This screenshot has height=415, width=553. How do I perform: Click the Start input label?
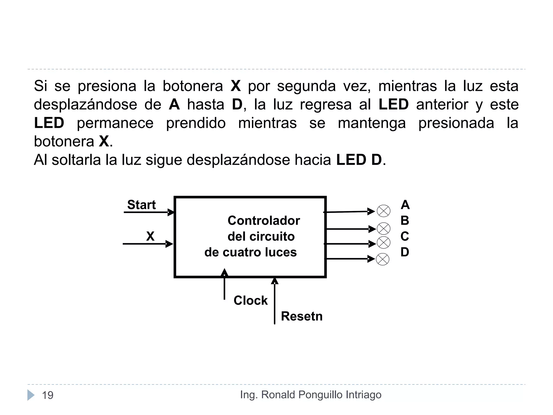pyautogui.click(x=141, y=205)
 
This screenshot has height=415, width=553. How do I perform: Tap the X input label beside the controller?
pyautogui.click(x=150, y=236)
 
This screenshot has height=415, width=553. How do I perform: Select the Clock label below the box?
pyautogui.click(x=250, y=300)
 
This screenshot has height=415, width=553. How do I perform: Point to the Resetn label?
pyautogui.click(x=302, y=316)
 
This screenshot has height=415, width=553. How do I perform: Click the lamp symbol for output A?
pyautogui.click(x=383, y=211)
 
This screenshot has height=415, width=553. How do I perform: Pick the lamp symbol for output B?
pyautogui.click(x=383, y=229)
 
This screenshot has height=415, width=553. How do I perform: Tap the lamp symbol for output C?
pyautogui.click(x=383, y=243)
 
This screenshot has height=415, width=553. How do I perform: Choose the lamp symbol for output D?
pyautogui.click(x=383, y=259)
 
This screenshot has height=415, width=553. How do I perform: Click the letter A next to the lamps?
pyautogui.click(x=405, y=205)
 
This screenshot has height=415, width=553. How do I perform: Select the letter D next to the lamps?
pyautogui.click(x=405, y=252)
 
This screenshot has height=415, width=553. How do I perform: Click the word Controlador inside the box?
pyautogui.click(x=264, y=220)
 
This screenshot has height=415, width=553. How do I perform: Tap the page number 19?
pyautogui.click(x=48, y=395)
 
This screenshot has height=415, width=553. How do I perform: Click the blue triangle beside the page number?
pyautogui.click(x=31, y=395)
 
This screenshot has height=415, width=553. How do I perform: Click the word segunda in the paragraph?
pyautogui.click(x=306, y=86)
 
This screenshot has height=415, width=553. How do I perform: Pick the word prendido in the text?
pyautogui.click(x=196, y=123)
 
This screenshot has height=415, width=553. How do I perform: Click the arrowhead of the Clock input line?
pyautogui.click(x=224, y=272)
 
